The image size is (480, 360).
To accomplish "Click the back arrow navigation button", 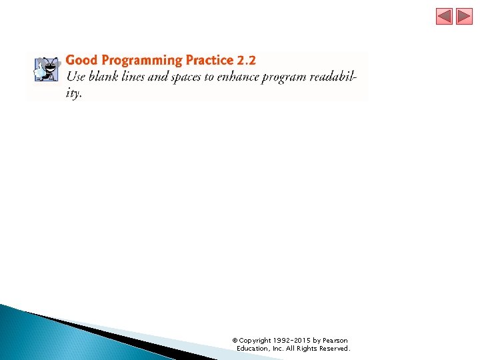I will [x=445, y=17].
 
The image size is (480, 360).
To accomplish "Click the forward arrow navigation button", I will [x=464, y=17].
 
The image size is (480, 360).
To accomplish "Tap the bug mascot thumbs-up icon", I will [x=46, y=69].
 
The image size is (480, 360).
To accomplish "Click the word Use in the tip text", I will [x=76, y=77].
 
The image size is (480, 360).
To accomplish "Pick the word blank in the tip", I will [x=106, y=77].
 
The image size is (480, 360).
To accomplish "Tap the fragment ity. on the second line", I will [x=74, y=93].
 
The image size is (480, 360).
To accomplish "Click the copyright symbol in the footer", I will [x=235, y=341].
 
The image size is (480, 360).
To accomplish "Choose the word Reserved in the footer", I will [x=334, y=349].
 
